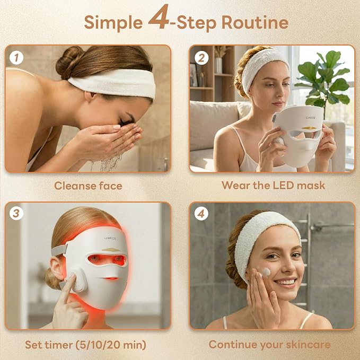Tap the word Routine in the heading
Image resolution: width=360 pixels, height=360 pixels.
[255, 22]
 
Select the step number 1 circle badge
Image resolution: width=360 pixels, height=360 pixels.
[16, 58]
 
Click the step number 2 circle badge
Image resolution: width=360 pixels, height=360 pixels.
[201, 58]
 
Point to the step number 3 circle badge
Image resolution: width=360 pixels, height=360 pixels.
[16, 213]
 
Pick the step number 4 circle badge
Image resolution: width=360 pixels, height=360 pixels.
[201, 213]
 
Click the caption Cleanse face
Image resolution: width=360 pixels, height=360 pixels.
[88, 186]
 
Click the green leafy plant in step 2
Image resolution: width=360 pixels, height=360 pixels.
[323, 79]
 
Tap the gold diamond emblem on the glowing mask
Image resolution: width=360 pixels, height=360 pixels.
[111, 250]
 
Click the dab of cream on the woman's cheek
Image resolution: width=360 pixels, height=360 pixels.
[266, 272]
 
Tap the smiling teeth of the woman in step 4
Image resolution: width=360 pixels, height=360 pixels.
[287, 282]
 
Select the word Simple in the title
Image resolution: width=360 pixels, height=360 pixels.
[113, 23]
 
